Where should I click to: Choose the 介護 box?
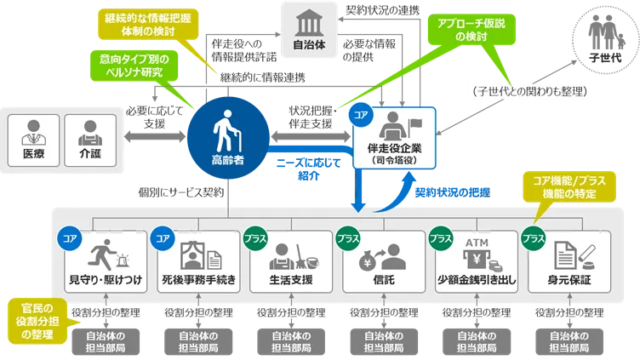89,138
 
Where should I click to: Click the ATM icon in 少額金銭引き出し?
475,246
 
